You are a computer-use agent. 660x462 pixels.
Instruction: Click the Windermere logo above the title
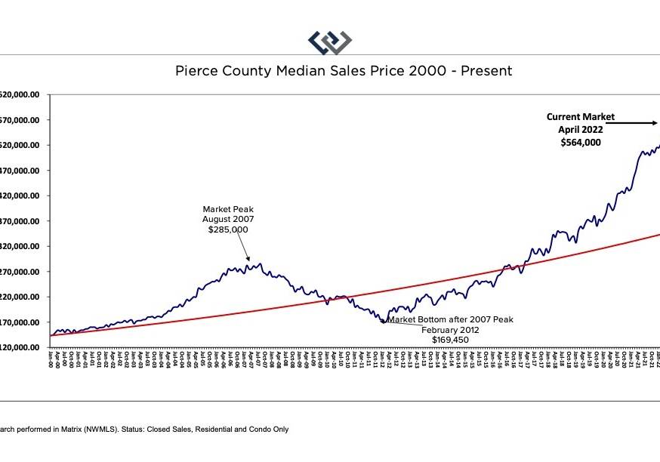point(330,42)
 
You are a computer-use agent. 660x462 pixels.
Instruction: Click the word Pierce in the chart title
point(196,71)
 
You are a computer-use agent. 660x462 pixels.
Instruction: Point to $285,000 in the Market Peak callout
point(227,229)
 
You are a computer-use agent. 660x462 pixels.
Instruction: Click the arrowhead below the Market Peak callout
point(248,259)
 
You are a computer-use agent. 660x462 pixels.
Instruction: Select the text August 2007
point(227,219)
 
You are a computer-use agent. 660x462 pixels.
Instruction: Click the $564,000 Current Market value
point(581,141)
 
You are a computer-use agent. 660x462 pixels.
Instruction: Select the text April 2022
point(581,129)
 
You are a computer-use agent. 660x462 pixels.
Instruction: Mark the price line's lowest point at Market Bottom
point(383,322)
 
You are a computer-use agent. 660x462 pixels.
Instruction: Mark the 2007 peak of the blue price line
point(260,264)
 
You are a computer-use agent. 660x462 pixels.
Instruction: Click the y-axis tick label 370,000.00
point(23,221)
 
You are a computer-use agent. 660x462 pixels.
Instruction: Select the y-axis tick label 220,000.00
point(23,297)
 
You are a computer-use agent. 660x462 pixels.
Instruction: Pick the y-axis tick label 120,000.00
point(23,347)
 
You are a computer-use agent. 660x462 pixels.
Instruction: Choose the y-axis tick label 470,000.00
point(23,171)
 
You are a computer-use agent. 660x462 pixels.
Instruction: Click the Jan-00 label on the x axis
point(50,360)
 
